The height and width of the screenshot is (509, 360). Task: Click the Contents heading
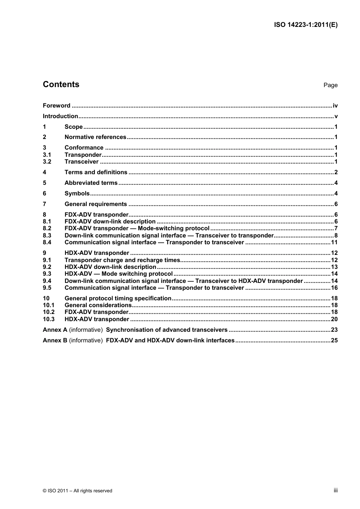click(x=61, y=84)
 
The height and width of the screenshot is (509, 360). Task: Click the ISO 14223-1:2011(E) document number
click(x=305, y=25)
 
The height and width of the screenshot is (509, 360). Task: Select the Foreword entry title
click(x=56, y=106)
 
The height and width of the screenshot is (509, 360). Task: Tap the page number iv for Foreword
click(x=335, y=106)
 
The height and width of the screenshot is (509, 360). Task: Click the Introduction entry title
click(x=60, y=116)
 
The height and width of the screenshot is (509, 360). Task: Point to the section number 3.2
click(x=47, y=162)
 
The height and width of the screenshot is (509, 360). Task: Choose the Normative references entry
click(x=95, y=137)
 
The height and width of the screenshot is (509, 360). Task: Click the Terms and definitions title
click(x=96, y=172)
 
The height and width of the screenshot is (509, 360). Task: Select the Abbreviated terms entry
click(x=91, y=183)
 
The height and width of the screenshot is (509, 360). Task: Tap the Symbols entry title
click(x=77, y=194)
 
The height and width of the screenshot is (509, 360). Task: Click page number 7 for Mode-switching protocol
click(x=336, y=228)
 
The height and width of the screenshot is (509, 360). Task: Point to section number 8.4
click(x=47, y=242)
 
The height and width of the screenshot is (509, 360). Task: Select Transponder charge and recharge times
click(x=122, y=260)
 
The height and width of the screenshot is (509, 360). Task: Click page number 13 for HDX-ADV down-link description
click(x=334, y=267)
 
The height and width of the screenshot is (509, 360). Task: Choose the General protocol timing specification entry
click(x=118, y=298)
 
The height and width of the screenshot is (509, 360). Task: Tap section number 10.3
click(x=49, y=319)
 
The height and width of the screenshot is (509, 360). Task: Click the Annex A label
click(x=55, y=330)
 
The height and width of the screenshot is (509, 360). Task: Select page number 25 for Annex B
click(x=334, y=340)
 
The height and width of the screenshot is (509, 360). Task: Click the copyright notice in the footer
click(x=78, y=491)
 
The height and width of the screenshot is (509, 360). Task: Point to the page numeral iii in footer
click(x=335, y=490)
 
